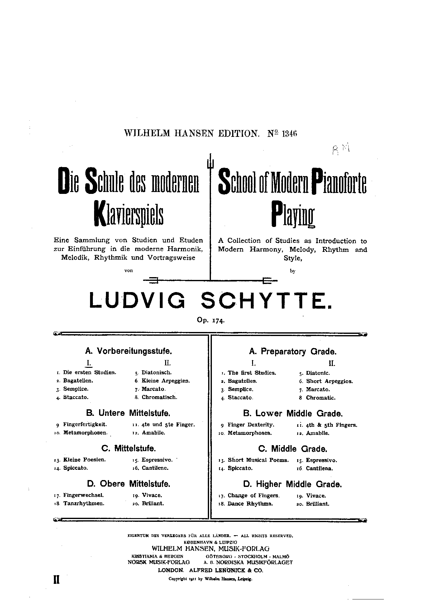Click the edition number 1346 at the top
point(290,133)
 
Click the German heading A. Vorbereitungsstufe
point(129,351)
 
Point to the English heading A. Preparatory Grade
point(293,352)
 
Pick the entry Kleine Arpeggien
point(165,381)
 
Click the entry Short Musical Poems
point(258,460)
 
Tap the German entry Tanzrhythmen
point(84,503)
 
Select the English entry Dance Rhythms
point(250,503)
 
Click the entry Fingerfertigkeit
point(85,424)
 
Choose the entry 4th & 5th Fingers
point(332,425)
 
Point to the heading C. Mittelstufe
point(128,449)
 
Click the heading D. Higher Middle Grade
point(293,484)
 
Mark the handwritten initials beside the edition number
point(341,149)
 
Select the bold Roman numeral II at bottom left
point(56,579)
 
